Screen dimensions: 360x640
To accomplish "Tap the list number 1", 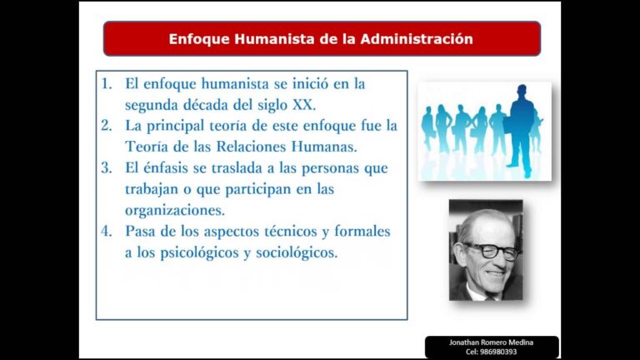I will pyautogui.click(x=107, y=84).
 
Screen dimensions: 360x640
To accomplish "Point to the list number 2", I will pyautogui.click(x=107, y=126).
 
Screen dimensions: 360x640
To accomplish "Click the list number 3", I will pyautogui.click(x=107, y=167).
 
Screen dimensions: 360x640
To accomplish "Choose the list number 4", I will pyautogui.click(x=107, y=231).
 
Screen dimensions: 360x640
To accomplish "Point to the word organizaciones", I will pyautogui.click(x=174, y=210).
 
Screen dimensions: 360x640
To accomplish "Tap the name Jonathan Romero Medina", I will pyautogui.click(x=492, y=342).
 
